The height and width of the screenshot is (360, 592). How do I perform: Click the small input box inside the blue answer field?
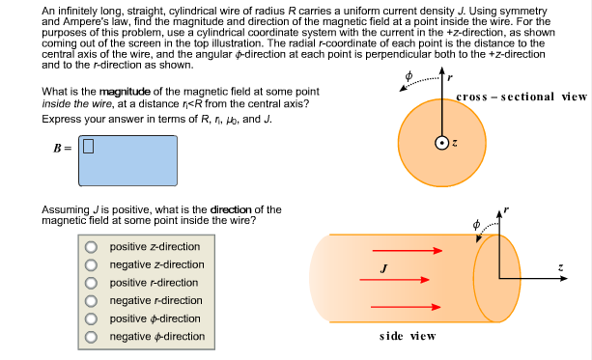[88, 147]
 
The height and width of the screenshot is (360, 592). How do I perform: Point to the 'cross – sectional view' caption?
[521, 97]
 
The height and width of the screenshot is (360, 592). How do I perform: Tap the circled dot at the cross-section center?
[441, 143]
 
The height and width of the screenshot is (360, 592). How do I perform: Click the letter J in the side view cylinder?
[384, 267]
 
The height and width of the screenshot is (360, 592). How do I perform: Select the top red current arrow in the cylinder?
[400, 251]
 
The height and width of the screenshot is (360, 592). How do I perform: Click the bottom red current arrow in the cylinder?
[400, 307]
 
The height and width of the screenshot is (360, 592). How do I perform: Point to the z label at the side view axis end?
[560, 267]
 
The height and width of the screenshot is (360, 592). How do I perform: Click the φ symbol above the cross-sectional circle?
[409, 74]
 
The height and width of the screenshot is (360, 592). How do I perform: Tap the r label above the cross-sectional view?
[450, 77]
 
